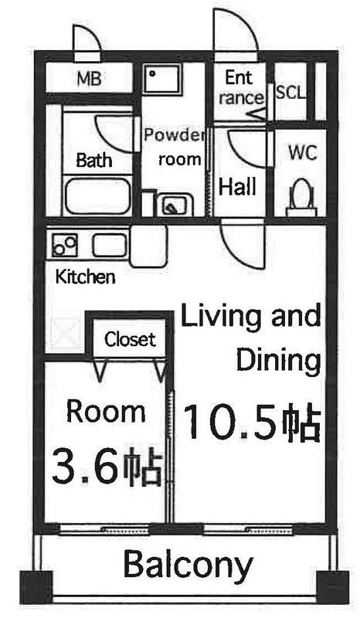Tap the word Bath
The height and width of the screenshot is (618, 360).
[94, 161]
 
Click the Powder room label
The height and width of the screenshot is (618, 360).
[173, 148]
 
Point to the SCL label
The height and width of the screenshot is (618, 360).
[290, 93]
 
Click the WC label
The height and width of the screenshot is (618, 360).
[302, 152]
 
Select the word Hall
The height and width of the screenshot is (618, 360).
[237, 186]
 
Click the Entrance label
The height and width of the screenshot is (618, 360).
[239, 87]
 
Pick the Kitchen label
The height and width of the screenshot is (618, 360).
[85, 276]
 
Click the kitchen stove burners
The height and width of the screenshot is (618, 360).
[64, 246]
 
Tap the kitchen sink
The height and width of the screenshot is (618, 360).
[110, 246]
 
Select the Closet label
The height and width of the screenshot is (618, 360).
[130, 339]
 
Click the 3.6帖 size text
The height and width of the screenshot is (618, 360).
[106, 465]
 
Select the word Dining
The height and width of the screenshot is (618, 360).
[278, 360]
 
